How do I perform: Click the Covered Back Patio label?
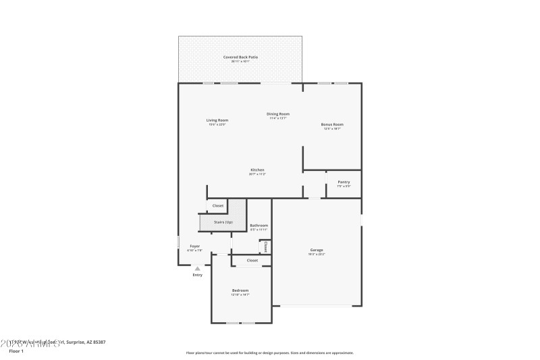tap(240, 57)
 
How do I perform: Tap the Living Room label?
tap(217, 120)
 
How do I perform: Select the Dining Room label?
tap(277, 113)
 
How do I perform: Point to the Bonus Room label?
tap(332, 124)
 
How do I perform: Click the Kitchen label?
tap(257, 170)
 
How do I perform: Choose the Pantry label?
tap(344, 182)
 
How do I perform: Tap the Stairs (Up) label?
tap(223, 222)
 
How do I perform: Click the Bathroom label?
tap(259, 225)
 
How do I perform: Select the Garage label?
tap(317, 250)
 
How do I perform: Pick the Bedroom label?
tap(240, 290)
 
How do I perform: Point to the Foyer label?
tap(194, 247)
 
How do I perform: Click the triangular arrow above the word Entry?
tap(197, 268)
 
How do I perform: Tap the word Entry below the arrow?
tap(197, 275)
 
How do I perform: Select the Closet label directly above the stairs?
tap(218, 205)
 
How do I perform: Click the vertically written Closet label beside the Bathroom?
tap(266, 247)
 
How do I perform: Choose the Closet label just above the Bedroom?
tap(252, 260)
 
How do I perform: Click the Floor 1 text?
tap(16, 351)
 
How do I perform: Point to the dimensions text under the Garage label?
tap(317, 254)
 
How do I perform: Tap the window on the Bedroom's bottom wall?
tap(240, 323)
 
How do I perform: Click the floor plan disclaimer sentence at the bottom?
tap(269, 353)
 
